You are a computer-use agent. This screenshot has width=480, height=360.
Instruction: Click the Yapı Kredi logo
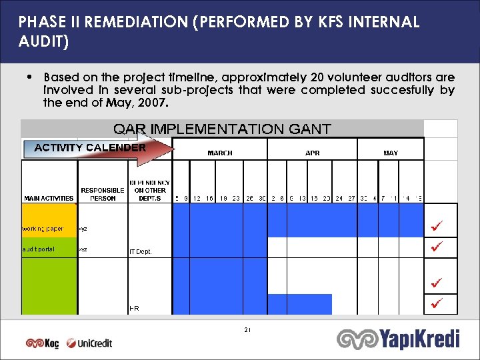coord(399,339)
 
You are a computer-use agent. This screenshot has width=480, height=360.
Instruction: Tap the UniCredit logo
coord(89,343)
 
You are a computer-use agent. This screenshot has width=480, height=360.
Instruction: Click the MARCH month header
coord(220,153)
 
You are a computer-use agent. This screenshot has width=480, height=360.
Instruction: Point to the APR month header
coord(312,153)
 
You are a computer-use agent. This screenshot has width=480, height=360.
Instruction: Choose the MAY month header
coord(391,153)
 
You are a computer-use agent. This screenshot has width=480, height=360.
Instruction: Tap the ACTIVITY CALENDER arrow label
coord(90,147)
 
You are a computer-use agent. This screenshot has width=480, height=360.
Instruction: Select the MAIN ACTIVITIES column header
coord(49,198)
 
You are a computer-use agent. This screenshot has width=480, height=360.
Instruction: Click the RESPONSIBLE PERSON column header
coord(102,194)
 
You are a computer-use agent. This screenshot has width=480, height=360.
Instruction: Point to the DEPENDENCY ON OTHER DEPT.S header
coord(149,190)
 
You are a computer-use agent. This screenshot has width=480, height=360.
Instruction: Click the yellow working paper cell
coord(49,229)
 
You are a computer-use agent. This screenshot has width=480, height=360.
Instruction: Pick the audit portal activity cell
coord(49,250)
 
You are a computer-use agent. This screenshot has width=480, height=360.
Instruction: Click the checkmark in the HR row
coord(437,304)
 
